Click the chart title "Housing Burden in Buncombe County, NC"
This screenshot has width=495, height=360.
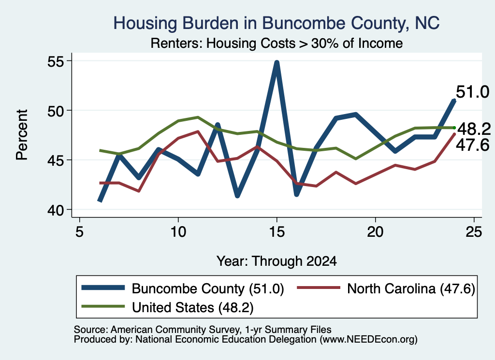click(276, 23)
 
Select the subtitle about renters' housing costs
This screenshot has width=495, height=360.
click(277, 43)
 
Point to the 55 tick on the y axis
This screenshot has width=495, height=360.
click(55, 61)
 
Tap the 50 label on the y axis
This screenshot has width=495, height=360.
click(55, 111)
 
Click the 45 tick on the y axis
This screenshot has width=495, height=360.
click(55, 160)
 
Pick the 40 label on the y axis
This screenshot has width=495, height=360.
click(55, 210)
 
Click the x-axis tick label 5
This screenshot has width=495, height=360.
click(80, 232)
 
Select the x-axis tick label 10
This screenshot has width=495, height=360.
click(178, 232)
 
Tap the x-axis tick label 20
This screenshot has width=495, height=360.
click(375, 232)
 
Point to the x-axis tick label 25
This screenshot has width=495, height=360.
click(474, 232)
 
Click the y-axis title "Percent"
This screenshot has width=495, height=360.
click(22, 135)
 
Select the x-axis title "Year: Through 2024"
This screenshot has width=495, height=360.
click(277, 261)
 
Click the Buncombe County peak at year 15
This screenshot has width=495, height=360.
click(277, 63)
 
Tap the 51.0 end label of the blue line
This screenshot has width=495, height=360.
click(473, 92)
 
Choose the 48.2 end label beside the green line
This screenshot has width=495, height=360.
click(474, 129)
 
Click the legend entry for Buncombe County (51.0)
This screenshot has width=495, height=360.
click(183, 288)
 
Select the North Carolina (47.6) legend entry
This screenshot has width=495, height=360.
click(386, 288)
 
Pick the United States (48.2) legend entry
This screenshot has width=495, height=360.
click(167, 307)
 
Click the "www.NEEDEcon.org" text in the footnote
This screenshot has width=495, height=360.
click(368, 339)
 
